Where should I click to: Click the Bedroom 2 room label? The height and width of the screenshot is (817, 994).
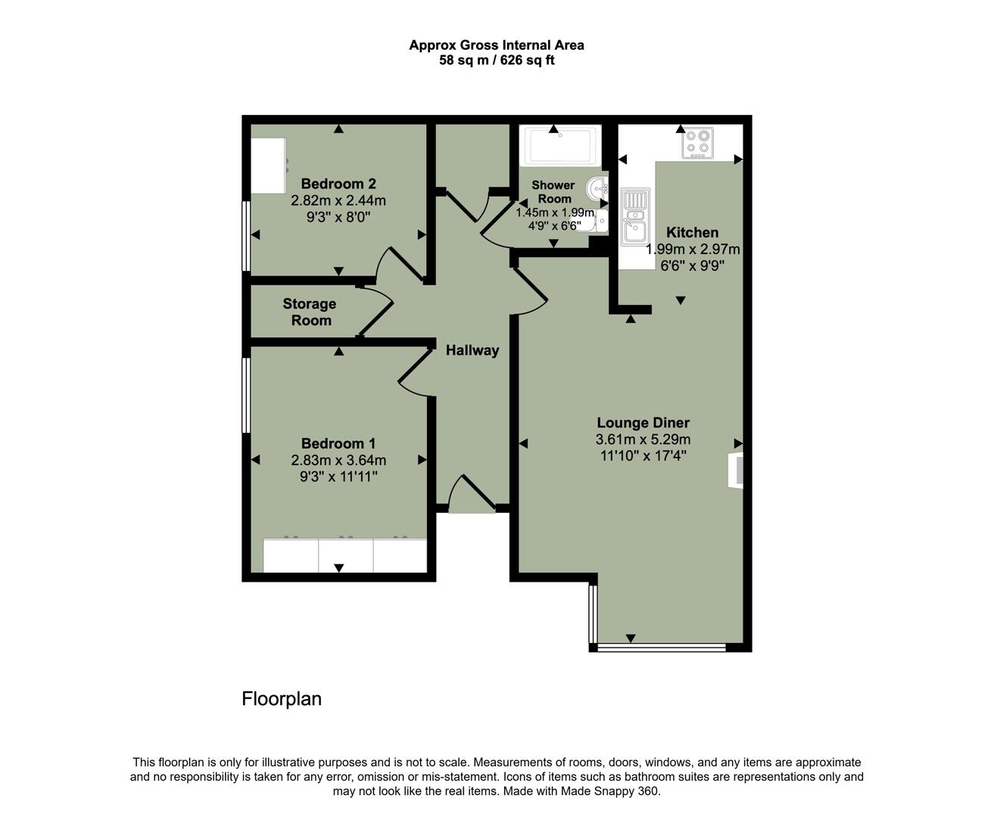[x=338, y=184]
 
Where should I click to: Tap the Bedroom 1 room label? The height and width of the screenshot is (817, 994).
[x=338, y=444]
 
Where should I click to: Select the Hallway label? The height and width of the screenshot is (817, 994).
[x=472, y=350]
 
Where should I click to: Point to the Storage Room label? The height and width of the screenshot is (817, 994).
[x=310, y=312]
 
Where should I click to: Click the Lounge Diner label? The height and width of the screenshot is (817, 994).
[x=643, y=423]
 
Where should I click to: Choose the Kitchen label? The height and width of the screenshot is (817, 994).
[x=692, y=232]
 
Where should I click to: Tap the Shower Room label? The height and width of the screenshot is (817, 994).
[x=553, y=191]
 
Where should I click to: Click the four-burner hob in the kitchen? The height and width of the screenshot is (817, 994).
[x=697, y=143]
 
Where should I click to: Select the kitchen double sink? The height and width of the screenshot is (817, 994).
[x=634, y=216]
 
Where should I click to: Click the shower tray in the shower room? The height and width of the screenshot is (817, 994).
[x=561, y=145]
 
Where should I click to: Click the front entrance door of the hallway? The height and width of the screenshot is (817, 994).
[x=472, y=497]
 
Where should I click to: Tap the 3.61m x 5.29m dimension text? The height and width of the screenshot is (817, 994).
[x=643, y=440]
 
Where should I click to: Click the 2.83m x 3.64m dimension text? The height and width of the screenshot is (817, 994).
[x=338, y=460]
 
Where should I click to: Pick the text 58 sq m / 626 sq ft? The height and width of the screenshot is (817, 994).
[x=497, y=61]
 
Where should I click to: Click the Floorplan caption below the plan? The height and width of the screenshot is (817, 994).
[x=282, y=699]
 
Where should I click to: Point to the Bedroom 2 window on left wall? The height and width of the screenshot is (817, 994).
[x=246, y=235]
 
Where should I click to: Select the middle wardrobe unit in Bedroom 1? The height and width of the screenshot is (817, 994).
[x=346, y=555]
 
